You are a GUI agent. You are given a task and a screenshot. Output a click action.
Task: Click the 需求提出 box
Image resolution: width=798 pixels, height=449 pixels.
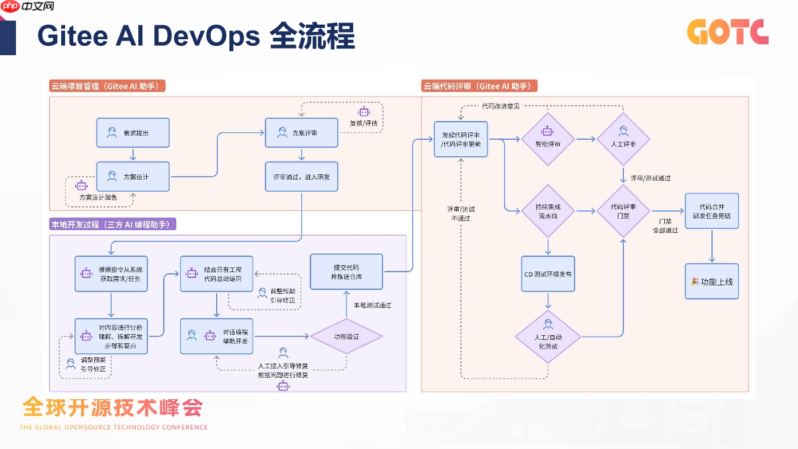(133, 132)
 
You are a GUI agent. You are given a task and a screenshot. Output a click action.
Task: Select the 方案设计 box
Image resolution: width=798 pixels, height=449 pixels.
(133, 176)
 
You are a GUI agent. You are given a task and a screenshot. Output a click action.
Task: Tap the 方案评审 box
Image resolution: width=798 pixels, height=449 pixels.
(302, 132)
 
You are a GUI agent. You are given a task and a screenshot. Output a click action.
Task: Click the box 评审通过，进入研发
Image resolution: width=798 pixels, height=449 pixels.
(302, 176)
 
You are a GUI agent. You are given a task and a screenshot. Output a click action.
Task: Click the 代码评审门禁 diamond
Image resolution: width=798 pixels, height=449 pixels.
(623, 211)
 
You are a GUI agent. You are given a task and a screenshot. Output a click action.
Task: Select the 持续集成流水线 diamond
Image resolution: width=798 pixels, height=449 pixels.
(547, 211)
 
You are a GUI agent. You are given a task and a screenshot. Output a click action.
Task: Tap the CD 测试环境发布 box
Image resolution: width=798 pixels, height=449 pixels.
(547, 274)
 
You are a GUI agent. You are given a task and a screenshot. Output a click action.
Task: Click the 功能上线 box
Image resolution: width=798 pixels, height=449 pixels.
(712, 281)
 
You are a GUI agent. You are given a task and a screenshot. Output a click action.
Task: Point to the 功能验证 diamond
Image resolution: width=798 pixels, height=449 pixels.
(346, 337)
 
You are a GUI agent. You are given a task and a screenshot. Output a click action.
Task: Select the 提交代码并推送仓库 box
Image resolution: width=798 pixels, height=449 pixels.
(346, 271)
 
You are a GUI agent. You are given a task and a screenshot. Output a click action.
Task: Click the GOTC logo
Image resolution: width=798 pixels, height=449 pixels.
(728, 32)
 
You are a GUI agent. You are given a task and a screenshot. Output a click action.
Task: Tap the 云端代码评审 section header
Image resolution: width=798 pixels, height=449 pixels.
(479, 86)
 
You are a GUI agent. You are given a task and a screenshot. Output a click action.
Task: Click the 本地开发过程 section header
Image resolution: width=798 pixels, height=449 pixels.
(113, 224)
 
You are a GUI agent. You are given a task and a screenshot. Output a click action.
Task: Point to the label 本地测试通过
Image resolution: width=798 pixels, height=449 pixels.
(372, 305)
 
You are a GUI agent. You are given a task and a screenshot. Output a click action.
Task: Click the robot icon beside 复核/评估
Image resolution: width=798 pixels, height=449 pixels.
(364, 112)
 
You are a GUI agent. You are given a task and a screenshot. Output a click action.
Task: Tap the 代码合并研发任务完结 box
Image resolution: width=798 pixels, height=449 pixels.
(712, 211)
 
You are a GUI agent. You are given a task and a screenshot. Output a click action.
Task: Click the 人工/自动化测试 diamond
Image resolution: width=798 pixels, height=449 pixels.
(547, 336)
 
